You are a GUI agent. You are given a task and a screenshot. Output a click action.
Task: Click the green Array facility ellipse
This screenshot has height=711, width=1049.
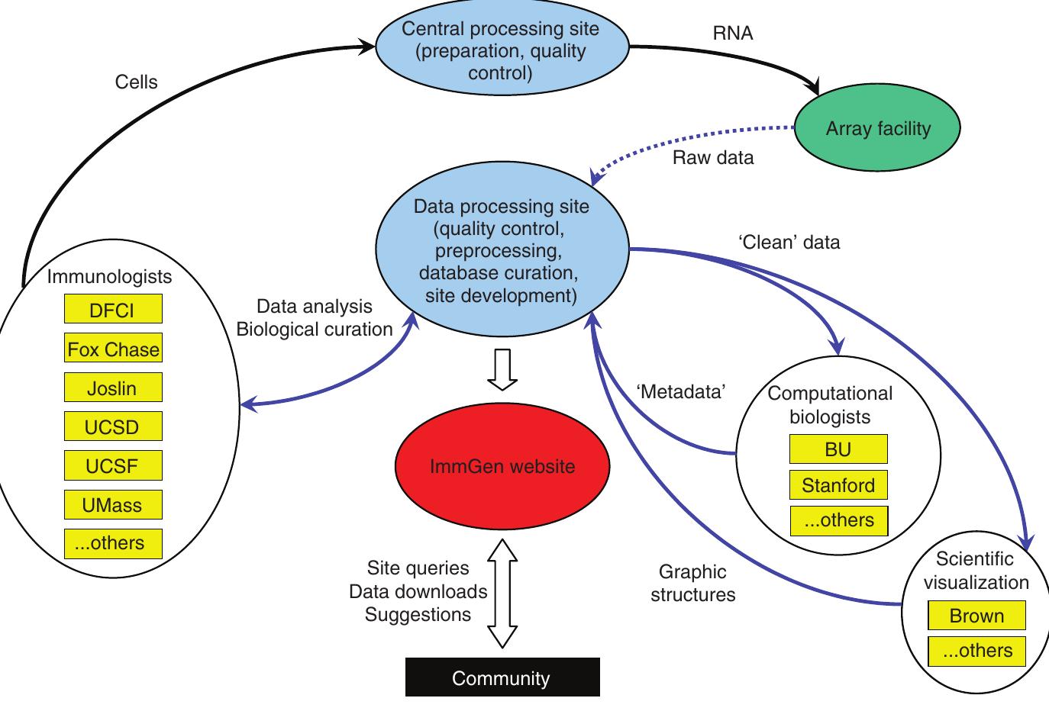pos(877,128)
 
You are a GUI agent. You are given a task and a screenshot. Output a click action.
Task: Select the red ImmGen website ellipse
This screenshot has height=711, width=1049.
pos(502,466)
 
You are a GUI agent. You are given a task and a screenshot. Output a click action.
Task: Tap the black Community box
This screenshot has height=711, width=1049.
pos(502,677)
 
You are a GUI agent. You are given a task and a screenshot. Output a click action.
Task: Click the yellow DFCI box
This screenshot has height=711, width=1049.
pos(113,310)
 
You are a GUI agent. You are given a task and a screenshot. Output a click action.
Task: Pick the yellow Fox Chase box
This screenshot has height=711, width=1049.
pos(113,349)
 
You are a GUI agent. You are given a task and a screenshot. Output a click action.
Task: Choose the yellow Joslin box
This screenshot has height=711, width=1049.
pos(113,388)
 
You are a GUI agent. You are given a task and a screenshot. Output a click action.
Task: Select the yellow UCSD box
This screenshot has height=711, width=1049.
pos(113,427)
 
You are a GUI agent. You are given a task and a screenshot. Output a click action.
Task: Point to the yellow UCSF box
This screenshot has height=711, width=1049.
pos(113,465)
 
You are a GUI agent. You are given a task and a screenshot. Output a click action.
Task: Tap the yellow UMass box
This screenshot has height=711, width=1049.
pos(113,504)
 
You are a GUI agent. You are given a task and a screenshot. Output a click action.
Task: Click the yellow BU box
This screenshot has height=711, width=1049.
pos(838,449)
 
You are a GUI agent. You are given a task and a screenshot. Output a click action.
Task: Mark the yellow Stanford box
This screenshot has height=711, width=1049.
pos(838,485)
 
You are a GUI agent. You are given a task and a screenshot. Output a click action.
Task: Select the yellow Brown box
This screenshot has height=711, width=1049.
pos(976,616)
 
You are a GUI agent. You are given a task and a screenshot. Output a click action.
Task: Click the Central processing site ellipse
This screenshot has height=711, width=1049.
pos(501,50)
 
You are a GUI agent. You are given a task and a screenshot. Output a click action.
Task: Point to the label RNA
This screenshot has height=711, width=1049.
pos(733,34)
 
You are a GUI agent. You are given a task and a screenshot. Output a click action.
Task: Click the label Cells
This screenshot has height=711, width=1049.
pos(136,82)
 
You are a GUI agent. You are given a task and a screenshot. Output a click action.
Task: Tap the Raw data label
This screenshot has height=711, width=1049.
pos(713,158)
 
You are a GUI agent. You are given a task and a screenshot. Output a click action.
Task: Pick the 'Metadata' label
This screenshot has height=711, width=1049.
pos(681,391)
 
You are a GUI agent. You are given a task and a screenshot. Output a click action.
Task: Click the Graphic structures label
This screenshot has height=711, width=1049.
pos(693,584)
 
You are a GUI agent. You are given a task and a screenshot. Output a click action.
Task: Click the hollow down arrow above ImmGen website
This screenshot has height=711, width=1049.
pos(502,369)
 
